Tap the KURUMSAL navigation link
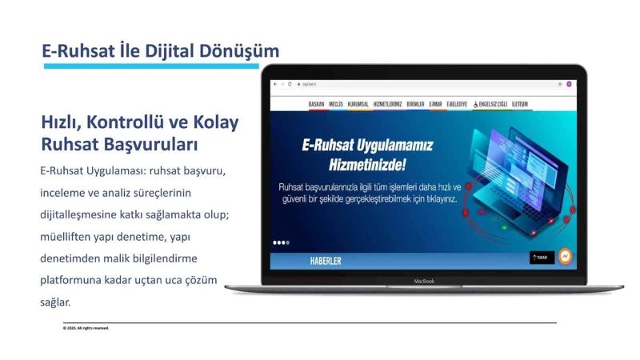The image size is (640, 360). [365, 104]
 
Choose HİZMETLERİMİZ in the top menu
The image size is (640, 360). [392, 104]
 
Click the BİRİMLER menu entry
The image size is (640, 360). [416, 104]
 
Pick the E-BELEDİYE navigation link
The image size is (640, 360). [457, 104]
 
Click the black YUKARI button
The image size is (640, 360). [542, 258]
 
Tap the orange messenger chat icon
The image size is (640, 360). [565, 256]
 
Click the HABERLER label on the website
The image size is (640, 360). [326, 262]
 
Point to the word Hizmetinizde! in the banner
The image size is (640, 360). [368, 166]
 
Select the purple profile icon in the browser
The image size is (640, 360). [569, 84]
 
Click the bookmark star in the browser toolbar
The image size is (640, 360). [560, 84]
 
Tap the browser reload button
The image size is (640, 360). [289, 84]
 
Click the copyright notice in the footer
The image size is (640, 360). [86, 328]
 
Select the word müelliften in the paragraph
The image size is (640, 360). [67, 238]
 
